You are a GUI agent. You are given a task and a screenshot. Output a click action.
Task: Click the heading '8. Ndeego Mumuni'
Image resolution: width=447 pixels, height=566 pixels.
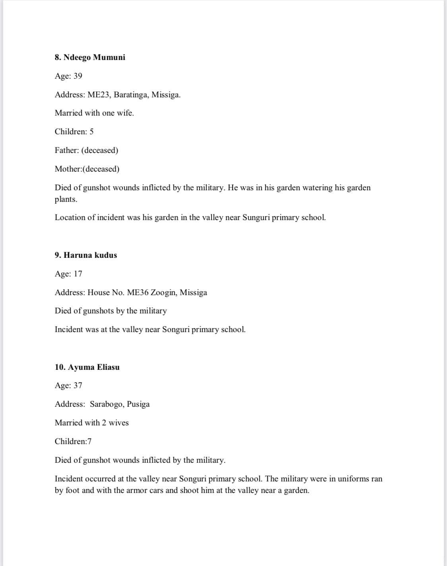[90, 57]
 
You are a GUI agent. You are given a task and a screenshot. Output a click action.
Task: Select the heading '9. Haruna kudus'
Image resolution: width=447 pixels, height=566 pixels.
[86, 255]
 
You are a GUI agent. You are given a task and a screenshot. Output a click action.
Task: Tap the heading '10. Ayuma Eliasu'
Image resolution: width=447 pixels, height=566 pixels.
[87, 367]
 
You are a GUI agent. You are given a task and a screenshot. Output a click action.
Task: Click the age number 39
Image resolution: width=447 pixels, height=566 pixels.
[78, 76]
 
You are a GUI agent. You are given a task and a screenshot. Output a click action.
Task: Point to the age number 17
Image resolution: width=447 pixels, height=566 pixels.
[78, 274]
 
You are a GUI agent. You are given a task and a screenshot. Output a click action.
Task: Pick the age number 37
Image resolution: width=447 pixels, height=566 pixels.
[78, 385]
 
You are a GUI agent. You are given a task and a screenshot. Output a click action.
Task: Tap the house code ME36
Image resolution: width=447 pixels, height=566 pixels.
[137, 292]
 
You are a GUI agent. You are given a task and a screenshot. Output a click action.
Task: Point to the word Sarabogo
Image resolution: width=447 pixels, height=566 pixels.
[106, 404]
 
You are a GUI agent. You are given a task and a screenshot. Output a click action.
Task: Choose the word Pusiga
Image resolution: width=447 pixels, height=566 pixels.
[138, 404]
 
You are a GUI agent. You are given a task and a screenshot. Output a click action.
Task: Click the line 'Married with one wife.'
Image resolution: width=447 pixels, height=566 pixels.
[94, 113]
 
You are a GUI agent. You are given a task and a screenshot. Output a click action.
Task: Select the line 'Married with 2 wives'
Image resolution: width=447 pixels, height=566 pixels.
[92, 423]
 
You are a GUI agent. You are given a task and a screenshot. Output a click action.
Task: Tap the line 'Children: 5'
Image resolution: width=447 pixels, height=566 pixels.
[74, 131]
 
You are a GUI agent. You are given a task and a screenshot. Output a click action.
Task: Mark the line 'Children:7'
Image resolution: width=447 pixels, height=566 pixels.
[73, 441]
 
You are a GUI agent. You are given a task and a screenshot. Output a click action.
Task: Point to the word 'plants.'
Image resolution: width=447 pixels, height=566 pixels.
[66, 199]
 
